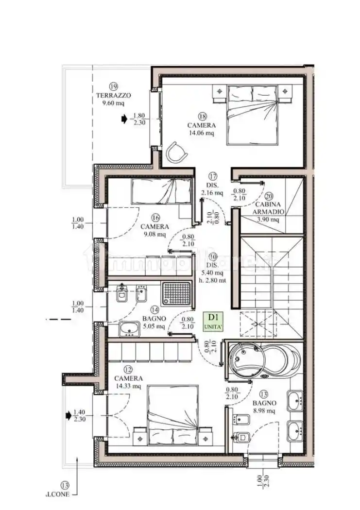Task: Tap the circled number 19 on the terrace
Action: tap(114, 87)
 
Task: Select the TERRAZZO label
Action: tap(113, 96)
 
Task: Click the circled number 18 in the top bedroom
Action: tap(203, 116)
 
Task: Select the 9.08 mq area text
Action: tap(155, 235)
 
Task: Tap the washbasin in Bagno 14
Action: tap(129, 329)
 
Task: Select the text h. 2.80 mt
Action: tap(213, 280)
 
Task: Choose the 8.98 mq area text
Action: tap(264, 411)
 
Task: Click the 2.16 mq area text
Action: tap(212, 193)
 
